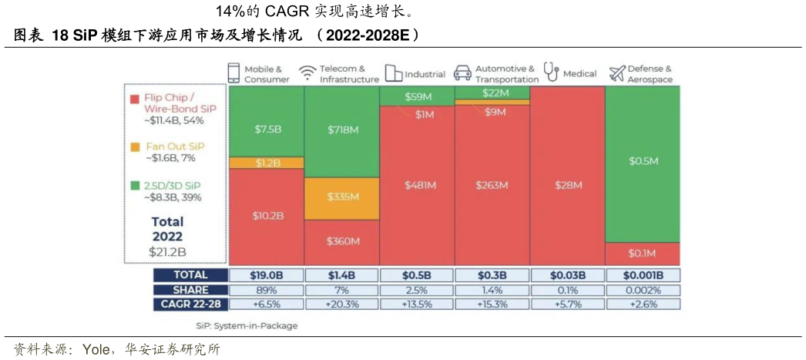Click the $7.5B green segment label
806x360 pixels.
click(x=267, y=130)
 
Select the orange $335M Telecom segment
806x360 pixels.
click(x=342, y=197)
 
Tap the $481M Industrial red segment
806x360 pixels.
click(x=418, y=185)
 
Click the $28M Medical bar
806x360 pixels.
click(x=567, y=185)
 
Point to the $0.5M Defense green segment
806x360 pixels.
click(x=642, y=160)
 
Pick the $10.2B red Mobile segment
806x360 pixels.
click(x=267, y=215)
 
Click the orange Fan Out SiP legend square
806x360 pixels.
click(x=135, y=146)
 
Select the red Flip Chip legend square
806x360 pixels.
click(x=135, y=99)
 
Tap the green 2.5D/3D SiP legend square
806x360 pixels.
click(x=135, y=186)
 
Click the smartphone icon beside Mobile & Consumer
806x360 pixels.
click(x=234, y=73)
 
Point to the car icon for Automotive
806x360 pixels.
click(x=462, y=73)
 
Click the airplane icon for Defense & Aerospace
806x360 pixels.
click(x=616, y=73)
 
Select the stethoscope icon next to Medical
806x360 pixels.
click(x=551, y=72)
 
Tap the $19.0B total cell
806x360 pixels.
click(x=267, y=275)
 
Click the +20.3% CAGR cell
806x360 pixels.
click(x=342, y=304)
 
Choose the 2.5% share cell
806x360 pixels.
click(x=418, y=290)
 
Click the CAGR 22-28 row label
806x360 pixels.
click(x=190, y=304)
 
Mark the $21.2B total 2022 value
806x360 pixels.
click(x=167, y=252)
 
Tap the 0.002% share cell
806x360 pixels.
click(x=642, y=290)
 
